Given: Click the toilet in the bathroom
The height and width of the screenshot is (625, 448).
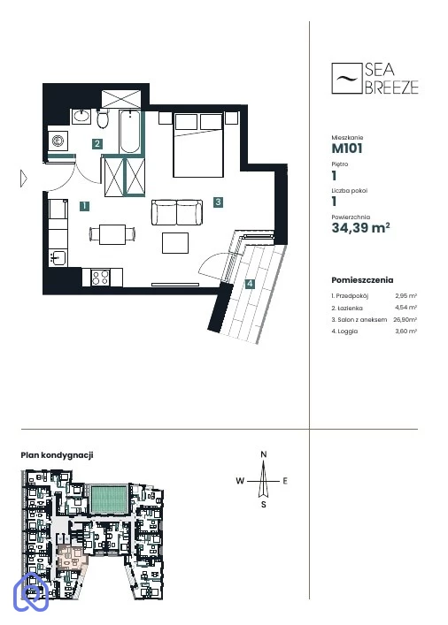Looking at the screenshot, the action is coord(103,118).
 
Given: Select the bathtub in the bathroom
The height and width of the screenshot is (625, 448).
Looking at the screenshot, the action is coord(130,132).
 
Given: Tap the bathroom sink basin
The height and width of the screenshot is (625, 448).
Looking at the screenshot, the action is coord(81,116).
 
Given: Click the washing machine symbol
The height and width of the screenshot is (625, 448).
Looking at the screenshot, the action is coord(58,141).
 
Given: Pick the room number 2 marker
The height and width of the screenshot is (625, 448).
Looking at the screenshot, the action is coord(97,143).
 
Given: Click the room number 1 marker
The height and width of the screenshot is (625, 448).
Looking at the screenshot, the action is coord(84,206).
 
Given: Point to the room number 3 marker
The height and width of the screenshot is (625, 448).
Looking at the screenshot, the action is coord(218,202).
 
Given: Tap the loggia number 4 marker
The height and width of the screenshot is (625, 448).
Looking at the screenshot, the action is coord(250,284).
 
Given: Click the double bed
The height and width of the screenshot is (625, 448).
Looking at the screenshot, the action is coord(198,145).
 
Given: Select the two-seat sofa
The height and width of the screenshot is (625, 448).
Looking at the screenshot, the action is coord(176,212).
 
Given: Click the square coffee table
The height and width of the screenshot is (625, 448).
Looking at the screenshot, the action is coord(175,243).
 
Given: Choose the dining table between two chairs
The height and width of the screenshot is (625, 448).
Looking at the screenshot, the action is coord(112,234).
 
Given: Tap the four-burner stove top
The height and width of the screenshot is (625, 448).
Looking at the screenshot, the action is coord(101,277).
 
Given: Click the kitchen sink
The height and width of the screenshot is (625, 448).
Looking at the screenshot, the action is coord(58,258).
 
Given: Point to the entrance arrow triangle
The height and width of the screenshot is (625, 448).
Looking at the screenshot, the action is coord(24,179).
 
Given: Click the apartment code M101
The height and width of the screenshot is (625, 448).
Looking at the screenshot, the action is coord(347,149).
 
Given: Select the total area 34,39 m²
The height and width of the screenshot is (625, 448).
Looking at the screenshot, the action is coord(360,227).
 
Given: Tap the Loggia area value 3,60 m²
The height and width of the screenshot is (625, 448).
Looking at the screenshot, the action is coord(406,331).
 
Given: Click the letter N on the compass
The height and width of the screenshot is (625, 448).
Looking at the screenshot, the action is coord(264,454).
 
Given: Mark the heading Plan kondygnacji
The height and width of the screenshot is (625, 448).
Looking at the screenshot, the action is coord(57,455).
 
